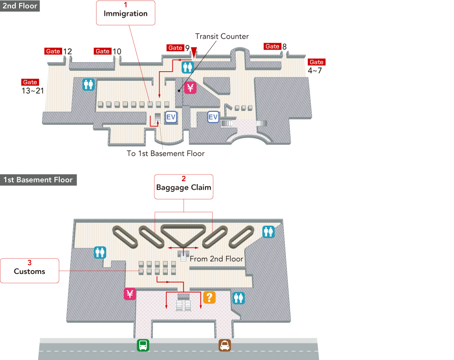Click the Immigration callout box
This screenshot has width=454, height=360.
point(126,12)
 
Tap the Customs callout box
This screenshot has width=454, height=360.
point(30,270)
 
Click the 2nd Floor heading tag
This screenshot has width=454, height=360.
point(20,6)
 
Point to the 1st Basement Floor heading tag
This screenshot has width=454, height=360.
point(38,180)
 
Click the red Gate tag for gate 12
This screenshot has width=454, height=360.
point(53,51)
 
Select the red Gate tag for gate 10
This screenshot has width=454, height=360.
point(103,51)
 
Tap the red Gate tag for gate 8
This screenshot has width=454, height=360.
point(272,46)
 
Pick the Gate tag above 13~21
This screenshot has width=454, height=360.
point(30,82)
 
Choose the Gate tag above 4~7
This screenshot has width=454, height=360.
point(316,62)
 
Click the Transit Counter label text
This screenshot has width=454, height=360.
point(222,36)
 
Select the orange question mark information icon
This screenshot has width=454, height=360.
point(209,297)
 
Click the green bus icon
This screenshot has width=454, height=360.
point(143,345)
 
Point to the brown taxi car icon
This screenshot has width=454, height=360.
point(225,345)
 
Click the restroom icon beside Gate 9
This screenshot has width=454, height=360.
point(187,67)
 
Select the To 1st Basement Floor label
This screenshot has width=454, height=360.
point(165,153)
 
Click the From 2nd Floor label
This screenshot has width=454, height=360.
point(216,259)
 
